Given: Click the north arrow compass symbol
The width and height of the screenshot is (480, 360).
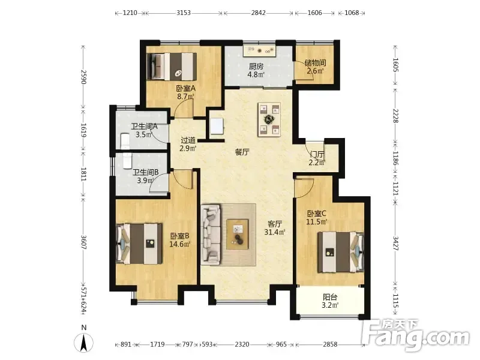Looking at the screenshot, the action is click(83, 342).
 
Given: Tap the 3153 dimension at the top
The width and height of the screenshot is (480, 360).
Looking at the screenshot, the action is click(184, 13).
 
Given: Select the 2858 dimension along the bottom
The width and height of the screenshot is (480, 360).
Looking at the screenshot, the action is click(330, 344).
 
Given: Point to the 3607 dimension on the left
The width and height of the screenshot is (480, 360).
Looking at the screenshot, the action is click(83, 242).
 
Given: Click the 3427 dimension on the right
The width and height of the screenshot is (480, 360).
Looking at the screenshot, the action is click(395, 244).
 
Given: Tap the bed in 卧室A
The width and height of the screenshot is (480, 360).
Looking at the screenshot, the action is click(172, 67).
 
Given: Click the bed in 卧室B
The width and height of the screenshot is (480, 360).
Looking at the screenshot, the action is click(139, 244).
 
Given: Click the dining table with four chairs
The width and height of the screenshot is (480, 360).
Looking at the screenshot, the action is click(269, 119).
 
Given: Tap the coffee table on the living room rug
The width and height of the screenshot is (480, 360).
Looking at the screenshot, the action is click(238, 234).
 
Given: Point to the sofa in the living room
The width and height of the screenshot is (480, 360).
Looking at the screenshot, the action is click(211, 235).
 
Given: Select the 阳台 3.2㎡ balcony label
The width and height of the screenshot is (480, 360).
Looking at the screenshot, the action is click(330, 301).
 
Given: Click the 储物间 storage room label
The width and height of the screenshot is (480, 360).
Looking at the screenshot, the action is click(316, 63).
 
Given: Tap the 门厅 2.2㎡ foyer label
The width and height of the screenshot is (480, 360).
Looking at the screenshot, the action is click(317, 158).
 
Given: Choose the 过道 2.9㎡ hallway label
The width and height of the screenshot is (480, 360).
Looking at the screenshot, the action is click(188, 145).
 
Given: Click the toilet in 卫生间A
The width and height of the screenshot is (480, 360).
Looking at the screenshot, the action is click(125, 142).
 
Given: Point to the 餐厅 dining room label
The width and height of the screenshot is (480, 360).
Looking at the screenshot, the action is click(242, 152).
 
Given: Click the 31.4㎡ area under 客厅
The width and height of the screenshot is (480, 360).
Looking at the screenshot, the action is click(275, 232).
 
